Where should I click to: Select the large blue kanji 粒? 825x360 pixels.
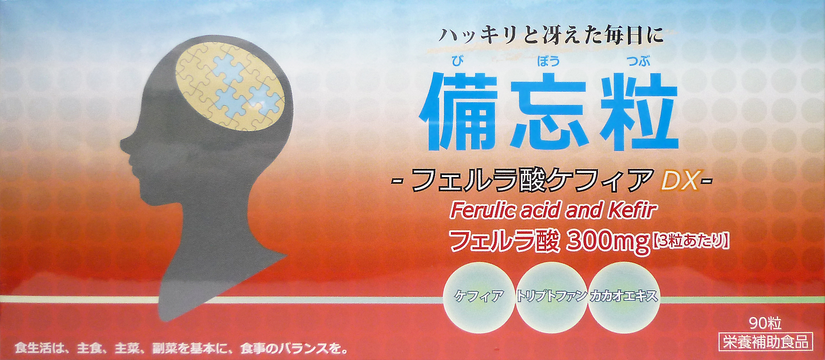638,112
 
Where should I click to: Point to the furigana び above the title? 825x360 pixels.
457,61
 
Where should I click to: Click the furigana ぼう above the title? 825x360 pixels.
548,61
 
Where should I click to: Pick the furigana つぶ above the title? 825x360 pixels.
638,61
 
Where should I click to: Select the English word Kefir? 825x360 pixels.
632,210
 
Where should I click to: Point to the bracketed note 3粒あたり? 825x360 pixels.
690,241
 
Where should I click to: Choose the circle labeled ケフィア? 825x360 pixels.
479,296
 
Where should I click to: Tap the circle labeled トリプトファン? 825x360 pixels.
551,296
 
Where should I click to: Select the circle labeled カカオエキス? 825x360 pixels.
624,296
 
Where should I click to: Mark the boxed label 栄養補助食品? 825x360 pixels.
766,342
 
